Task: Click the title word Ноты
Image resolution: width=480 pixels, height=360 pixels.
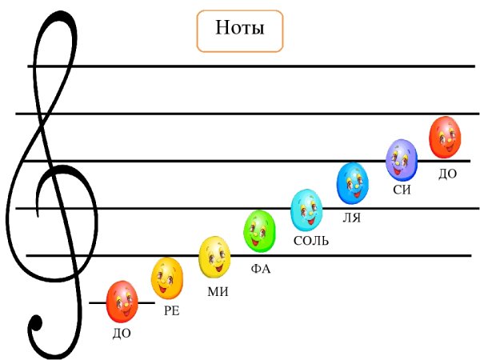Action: click(240, 28)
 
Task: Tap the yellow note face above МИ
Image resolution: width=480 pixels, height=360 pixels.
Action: click(214, 257)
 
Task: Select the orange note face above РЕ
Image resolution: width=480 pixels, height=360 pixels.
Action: click(167, 278)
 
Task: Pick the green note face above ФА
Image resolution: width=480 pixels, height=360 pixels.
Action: click(259, 231)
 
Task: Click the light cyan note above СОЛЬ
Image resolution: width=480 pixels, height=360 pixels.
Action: click(306, 210)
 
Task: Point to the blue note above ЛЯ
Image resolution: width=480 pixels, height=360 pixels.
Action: click(352, 183)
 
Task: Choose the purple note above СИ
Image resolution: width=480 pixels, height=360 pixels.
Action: click(402, 160)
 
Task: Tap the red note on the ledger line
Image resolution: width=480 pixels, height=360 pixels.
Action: click(122, 302)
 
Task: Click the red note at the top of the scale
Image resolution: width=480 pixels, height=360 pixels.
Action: click(445, 137)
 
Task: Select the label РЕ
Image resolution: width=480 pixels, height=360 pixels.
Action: click(172, 310)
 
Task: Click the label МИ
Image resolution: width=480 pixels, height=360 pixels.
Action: click(218, 291)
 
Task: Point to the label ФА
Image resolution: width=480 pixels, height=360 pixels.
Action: click(261, 269)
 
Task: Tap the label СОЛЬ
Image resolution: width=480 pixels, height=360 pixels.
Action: click(311, 241)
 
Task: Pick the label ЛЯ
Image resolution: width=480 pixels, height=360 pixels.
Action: click(351, 218)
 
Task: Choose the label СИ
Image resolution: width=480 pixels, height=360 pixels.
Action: click(402, 190)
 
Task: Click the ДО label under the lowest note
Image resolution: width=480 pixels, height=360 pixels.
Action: click(122, 334)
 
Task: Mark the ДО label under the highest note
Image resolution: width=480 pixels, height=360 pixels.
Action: click(447, 174)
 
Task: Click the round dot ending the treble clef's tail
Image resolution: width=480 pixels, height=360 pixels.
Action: click(36, 323)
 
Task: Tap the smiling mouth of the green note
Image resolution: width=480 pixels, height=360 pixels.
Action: click(256, 242)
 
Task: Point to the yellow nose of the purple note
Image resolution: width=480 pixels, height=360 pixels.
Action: click(397, 162)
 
